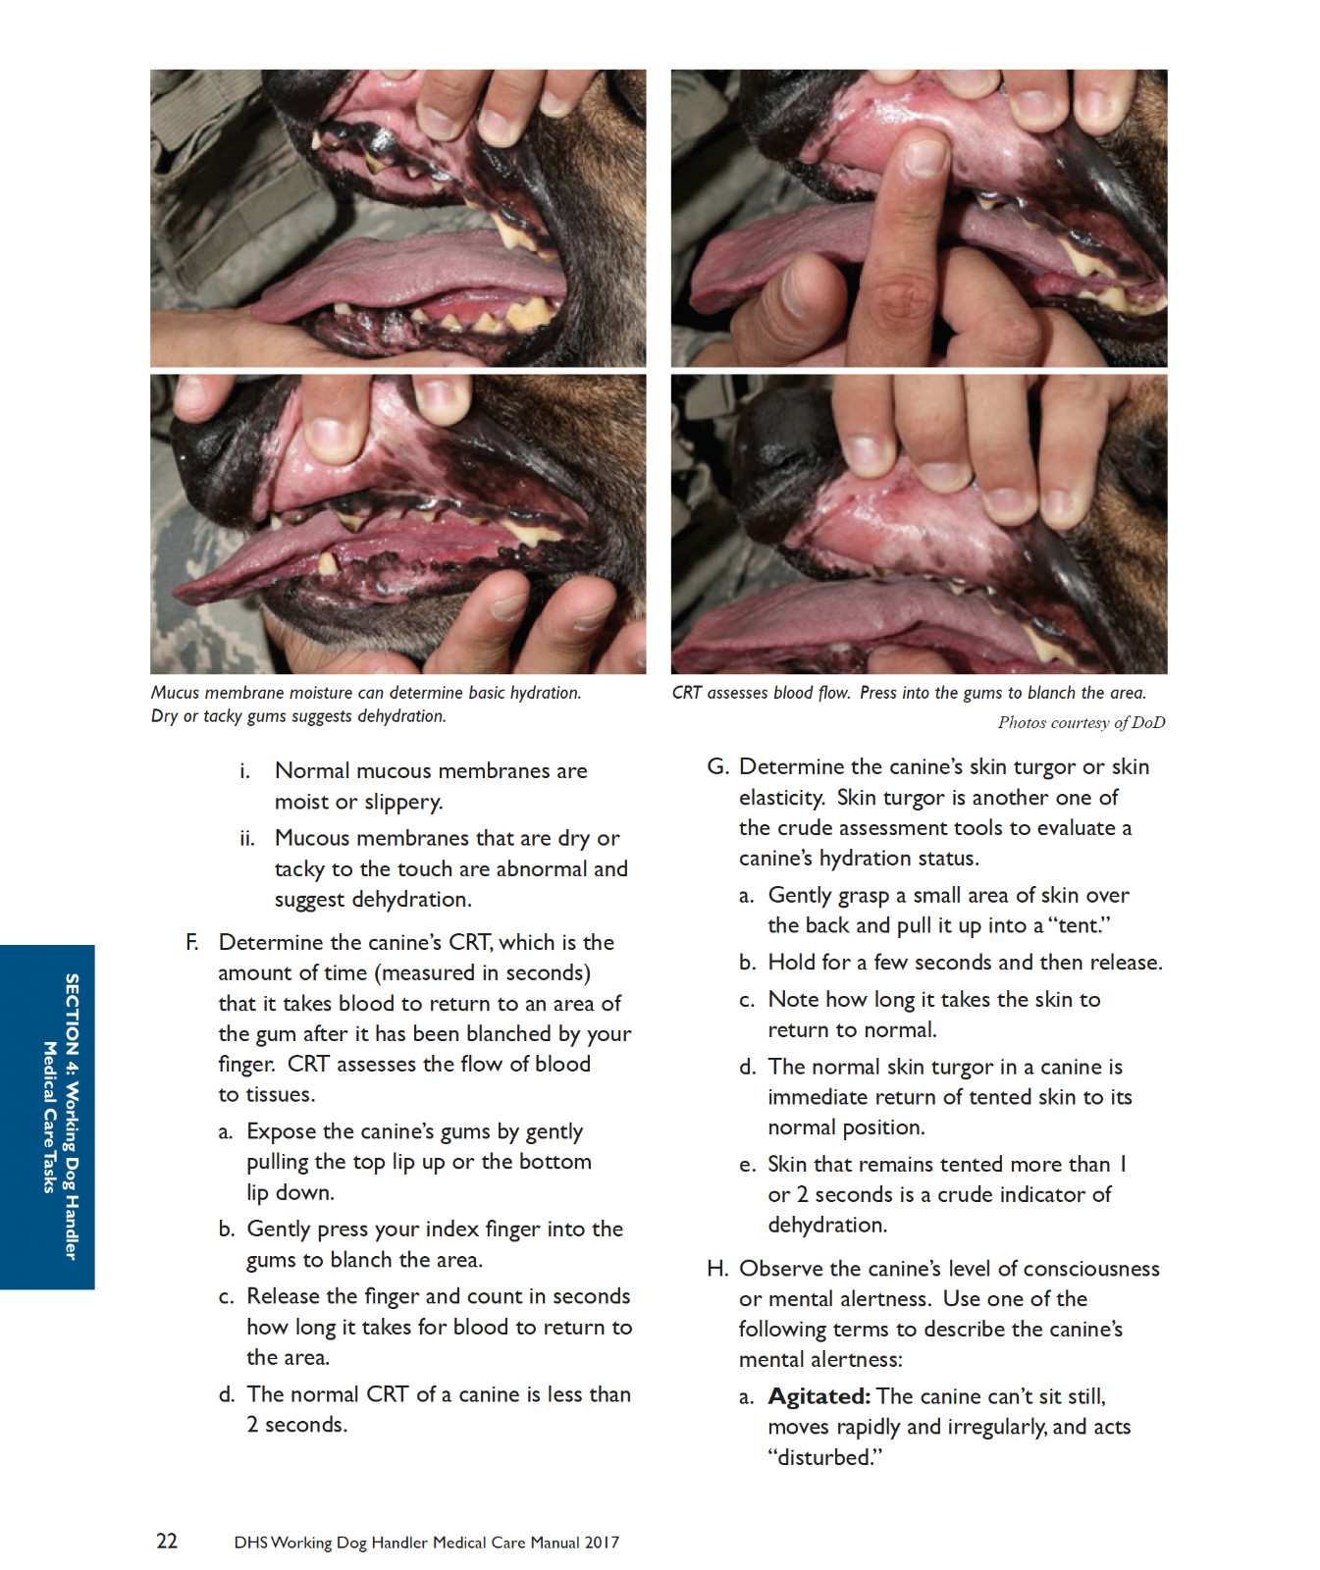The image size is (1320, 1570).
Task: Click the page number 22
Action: tap(167, 1541)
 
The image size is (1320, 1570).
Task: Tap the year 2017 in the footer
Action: tap(602, 1543)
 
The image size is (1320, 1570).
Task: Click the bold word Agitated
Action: tap(819, 1396)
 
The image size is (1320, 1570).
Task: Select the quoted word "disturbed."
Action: tap(825, 1457)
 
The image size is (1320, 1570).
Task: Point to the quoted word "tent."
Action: tap(1080, 925)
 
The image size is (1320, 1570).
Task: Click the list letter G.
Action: tap(717, 766)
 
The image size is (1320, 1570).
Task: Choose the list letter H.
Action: tap(717, 1269)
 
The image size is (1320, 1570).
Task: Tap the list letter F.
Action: tap(192, 942)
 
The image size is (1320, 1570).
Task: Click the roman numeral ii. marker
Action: tap(247, 839)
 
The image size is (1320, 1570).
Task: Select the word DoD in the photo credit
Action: tap(1148, 723)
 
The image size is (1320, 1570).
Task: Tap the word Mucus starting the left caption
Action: tap(176, 693)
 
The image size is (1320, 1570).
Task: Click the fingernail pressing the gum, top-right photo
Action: tap(925, 156)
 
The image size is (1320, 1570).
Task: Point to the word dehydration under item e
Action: tap(827, 1225)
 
